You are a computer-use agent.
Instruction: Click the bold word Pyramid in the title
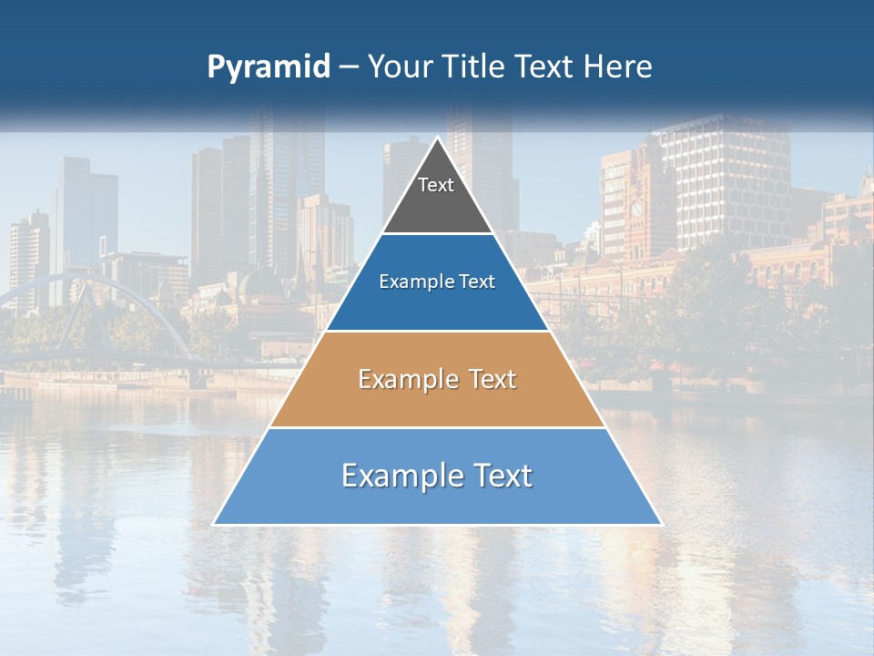tap(269, 67)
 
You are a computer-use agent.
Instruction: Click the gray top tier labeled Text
tap(436, 196)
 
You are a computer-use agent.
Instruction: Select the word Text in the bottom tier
tap(498, 476)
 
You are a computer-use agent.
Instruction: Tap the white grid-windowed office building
tap(728, 182)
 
